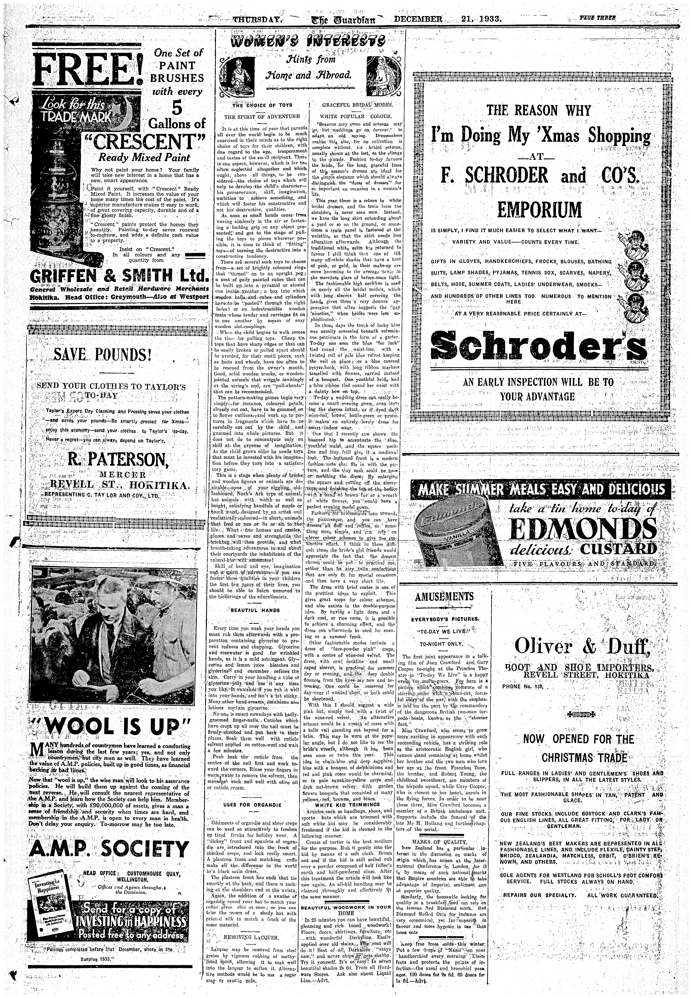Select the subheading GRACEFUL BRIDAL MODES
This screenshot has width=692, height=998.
pyautogui.click(x=356, y=105)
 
